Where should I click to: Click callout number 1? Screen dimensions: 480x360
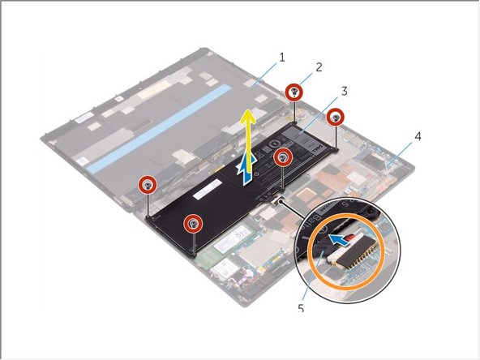tap(281, 58)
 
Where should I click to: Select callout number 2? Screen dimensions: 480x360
tap(319, 67)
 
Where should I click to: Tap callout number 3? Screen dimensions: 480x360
tap(344, 91)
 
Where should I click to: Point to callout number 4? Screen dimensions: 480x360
tap(418, 136)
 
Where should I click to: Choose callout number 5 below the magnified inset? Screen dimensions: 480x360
tap(301, 308)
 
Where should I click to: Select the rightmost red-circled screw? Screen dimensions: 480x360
tap(336, 117)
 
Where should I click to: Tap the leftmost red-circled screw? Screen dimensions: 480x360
tap(148, 185)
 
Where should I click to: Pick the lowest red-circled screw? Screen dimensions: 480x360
tap(192, 224)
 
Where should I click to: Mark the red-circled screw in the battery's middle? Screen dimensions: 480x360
tap(283, 157)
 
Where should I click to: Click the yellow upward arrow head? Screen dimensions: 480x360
tap(248, 118)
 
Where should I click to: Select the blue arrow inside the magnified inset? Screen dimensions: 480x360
tap(338, 239)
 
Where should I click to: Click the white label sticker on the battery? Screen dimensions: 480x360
tap(208, 189)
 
